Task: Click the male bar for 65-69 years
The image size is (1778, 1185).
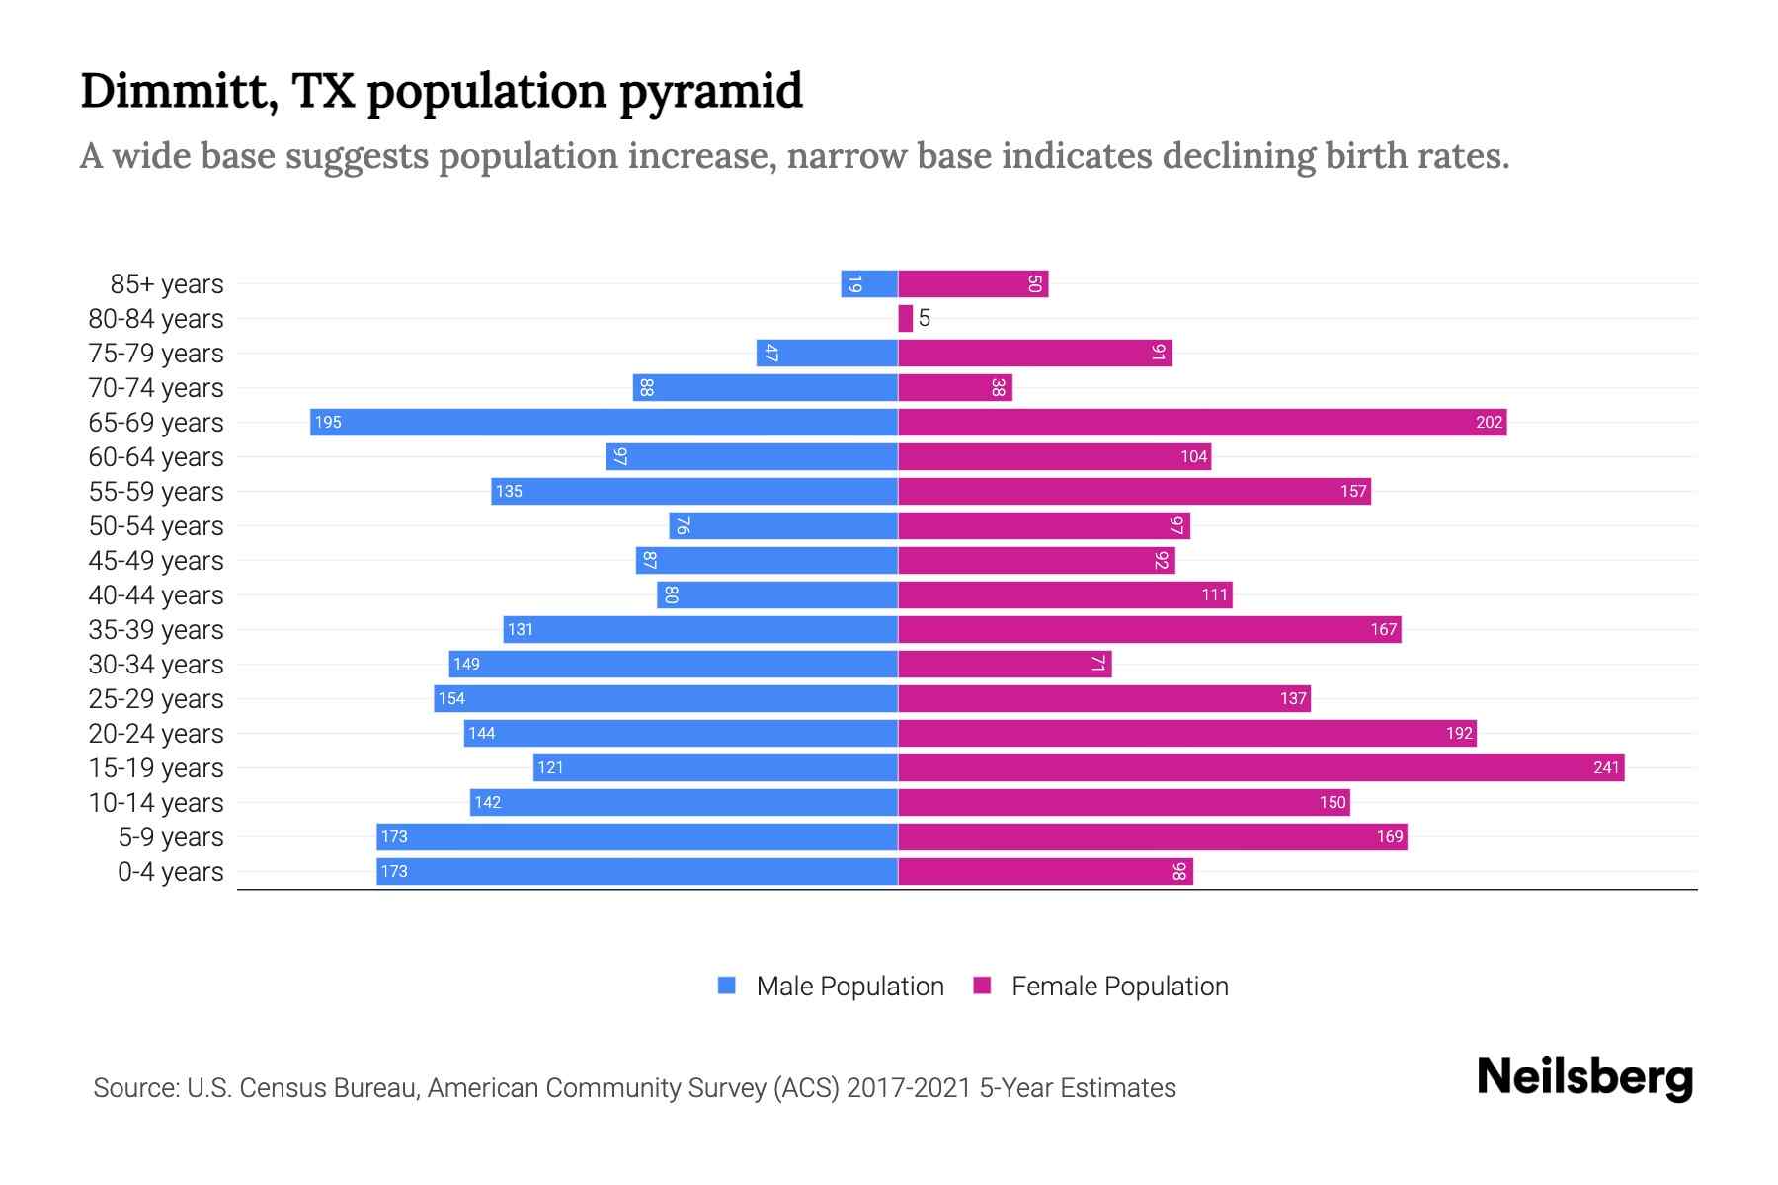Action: (x=603, y=423)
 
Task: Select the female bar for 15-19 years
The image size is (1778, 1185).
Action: (x=1259, y=768)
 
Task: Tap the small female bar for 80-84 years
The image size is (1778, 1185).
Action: (x=905, y=319)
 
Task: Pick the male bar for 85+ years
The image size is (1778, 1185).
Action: (x=869, y=284)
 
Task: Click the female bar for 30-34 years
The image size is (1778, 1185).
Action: (x=1005, y=665)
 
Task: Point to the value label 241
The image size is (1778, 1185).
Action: (x=1606, y=768)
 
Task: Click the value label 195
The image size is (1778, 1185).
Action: (x=328, y=423)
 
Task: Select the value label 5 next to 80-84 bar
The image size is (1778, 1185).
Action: (x=925, y=318)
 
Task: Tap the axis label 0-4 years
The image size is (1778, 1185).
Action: (x=170, y=872)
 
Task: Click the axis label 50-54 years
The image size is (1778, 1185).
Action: (x=156, y=526)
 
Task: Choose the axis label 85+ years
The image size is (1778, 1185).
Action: (x=167, y=284)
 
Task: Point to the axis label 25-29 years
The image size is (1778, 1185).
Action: (x=156, y=699)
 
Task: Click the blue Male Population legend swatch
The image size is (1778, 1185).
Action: (x=727, y=986)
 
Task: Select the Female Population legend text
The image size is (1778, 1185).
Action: (x=1119, y=987)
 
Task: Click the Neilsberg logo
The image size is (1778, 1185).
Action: (x=1584, y=1077)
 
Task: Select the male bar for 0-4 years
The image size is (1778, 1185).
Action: (x=636, y=872)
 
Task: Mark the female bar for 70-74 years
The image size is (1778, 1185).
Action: (x=954, y=388)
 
